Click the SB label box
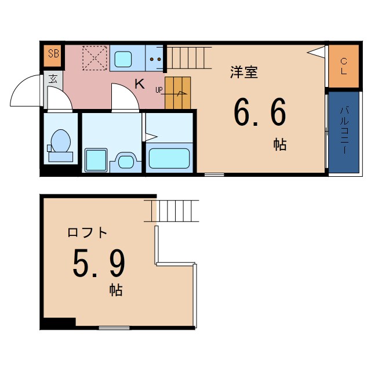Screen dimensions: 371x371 tap(53, 54)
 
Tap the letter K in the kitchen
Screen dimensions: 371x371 tap(140, 83)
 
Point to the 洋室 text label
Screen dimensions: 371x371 tap(243, 72)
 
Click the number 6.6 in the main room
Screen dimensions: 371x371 tap(260, 114)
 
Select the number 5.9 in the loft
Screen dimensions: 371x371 tap(99, 263)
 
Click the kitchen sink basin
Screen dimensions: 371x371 tap(123, 59)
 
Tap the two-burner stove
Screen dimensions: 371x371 tap(155, 59)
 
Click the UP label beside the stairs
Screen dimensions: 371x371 tap(159, 90)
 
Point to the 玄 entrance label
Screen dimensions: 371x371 tap(53, 79)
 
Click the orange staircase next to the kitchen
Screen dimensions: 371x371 tap(178, 92)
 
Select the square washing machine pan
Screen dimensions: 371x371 tap(96, 160)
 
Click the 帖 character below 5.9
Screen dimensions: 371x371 tap(116, 290)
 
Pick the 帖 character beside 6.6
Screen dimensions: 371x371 tap(280, 144)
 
